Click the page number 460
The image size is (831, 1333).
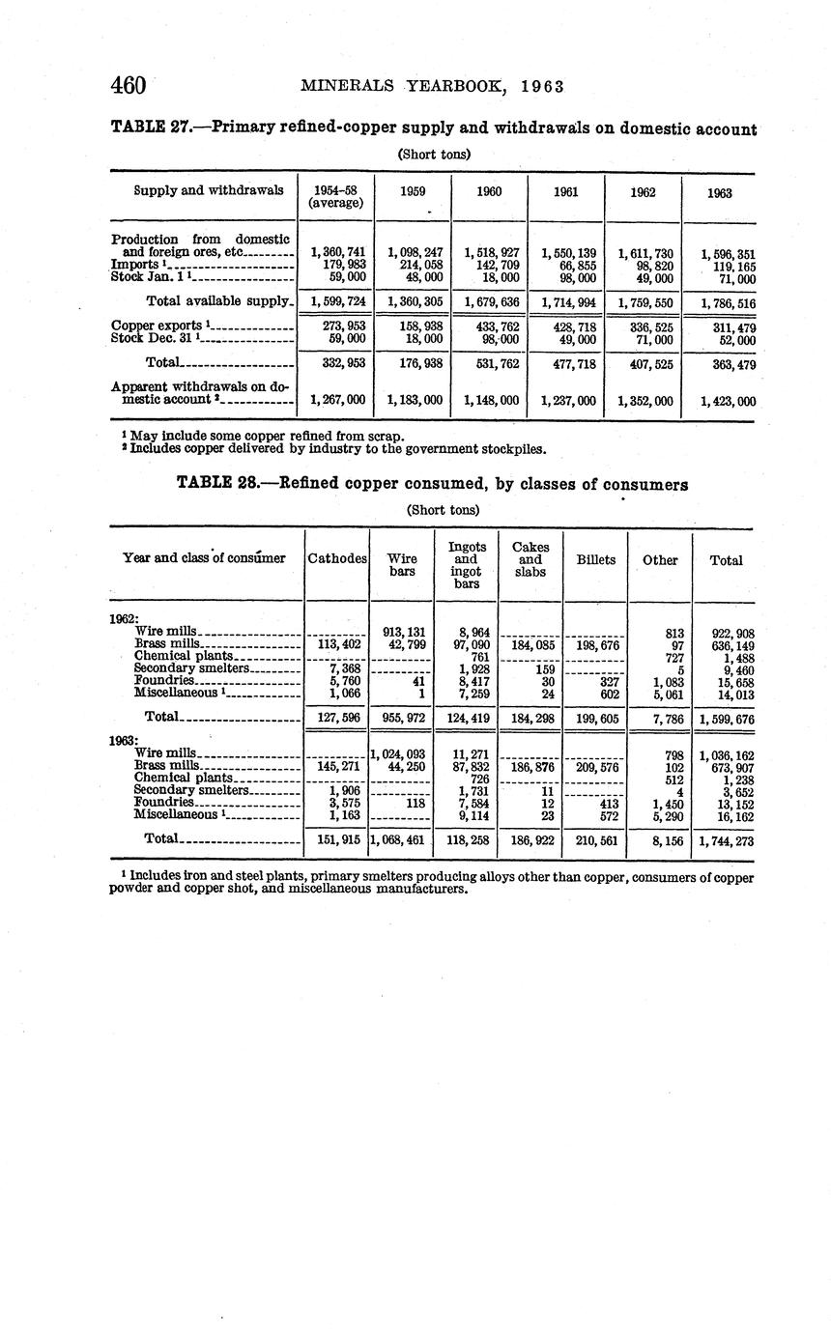click(x=128, y=86)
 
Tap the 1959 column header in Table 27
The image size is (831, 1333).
click(x=413, y=191)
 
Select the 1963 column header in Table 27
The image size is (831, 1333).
click(x=719, y=192)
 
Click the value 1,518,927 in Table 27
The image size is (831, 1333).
click(x=489, y=252)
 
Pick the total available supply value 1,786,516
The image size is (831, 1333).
click(x=719, y=303)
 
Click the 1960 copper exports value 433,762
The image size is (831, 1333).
click(x=489, y=326)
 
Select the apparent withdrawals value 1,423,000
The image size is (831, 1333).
click(x=719, y=400)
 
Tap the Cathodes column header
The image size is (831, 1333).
click(x=336, y=559)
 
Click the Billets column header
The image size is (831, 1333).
click(x=595, y=559)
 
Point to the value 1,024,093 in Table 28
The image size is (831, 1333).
click(x=399, y=755)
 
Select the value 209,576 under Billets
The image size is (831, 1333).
click(x=595, y=768)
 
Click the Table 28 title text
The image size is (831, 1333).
click(x=432, y=485)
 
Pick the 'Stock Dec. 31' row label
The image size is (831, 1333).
click(x=156, y=339)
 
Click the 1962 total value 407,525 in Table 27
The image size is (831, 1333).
click(x=643, y=364)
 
